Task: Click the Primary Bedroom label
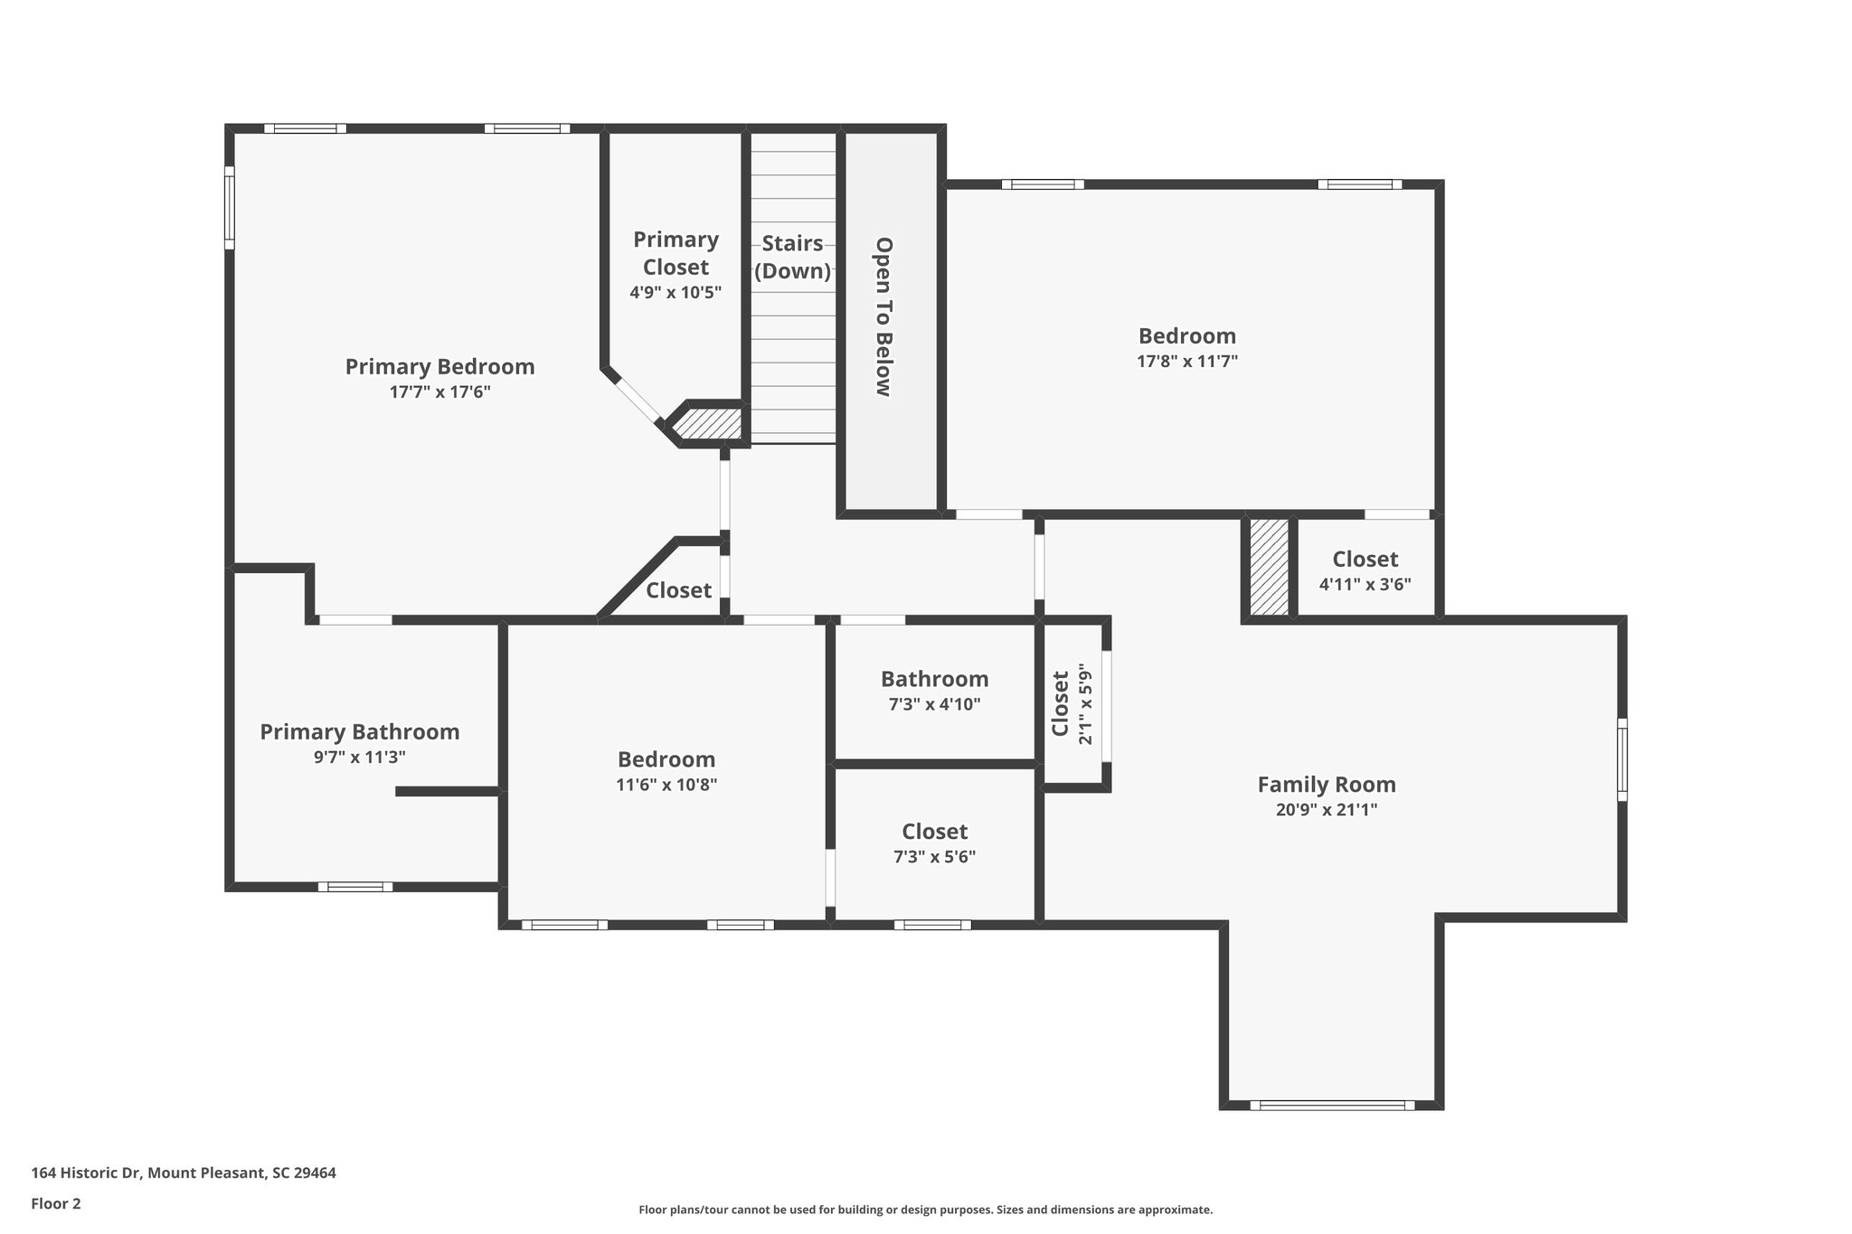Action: point(439,367)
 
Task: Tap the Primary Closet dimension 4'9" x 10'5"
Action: point(676,293)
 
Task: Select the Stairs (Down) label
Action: point(793,257)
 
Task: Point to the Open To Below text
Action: point(884,316)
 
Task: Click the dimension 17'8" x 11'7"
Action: point(1187,362)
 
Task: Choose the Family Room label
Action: point(1327,785)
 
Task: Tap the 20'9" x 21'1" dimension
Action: point(1327,810)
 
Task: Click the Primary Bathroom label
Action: point(360,732)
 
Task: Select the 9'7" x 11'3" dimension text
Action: point(360,758)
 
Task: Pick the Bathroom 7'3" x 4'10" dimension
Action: point(934,704)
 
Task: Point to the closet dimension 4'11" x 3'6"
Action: point(1365,585)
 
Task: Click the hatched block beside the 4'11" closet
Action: point(1269,567)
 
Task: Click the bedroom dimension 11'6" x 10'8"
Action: point(666,785)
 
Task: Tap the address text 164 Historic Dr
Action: point(87,1173)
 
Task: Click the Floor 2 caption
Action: point(56,1203)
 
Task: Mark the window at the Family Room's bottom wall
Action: point(1332,1105)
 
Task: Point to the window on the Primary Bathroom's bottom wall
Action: point(355,887)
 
